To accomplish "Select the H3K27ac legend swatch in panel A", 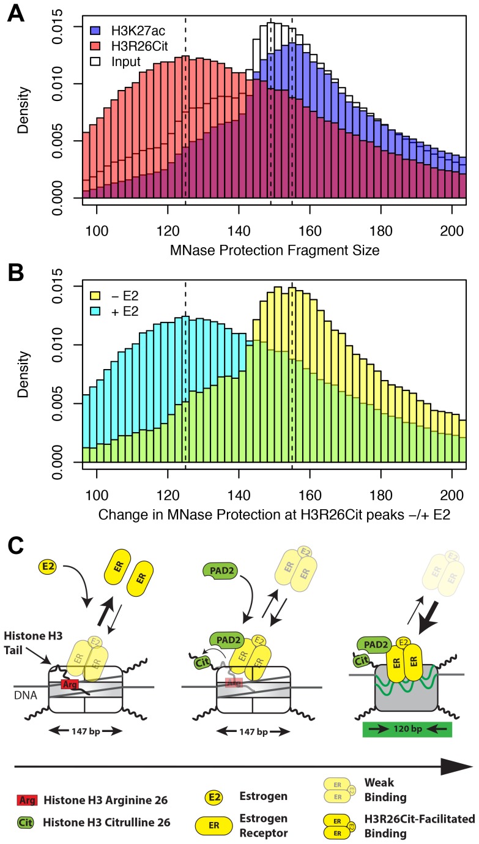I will [95, 29].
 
